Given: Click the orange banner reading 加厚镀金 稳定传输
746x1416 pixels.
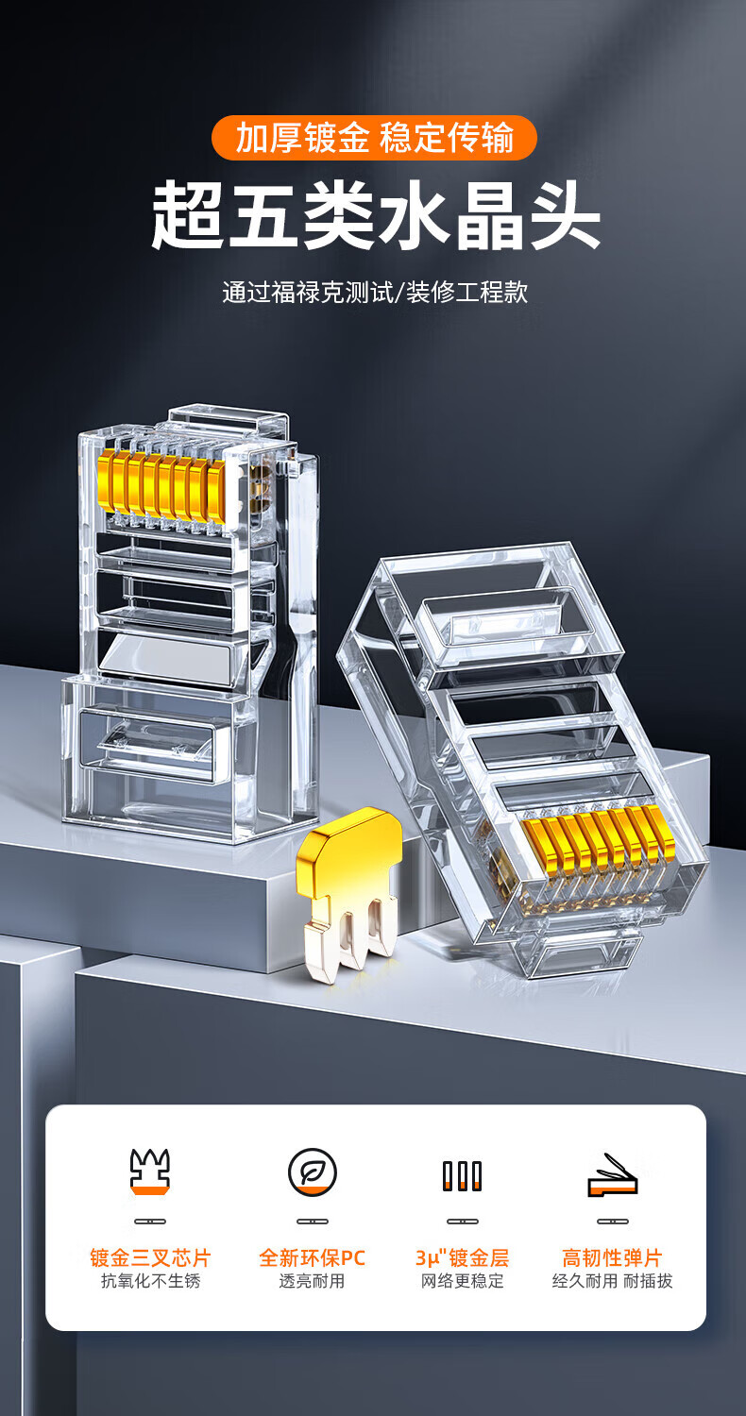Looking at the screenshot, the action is pyautogui.click(x=374, y=137).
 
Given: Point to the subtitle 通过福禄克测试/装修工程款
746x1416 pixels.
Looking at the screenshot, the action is pyautogui.click(x=375, y=292).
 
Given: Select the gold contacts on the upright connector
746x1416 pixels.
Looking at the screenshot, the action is pyautogui.click(x=161, y=487).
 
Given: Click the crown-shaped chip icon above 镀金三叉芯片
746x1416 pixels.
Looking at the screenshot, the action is pyautogui.click(x=150, y=1172).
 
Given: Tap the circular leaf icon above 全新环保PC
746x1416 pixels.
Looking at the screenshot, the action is pyautogui.click(x=313, y=1172).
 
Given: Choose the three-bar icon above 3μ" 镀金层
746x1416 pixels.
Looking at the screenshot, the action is pyautogui.click(x=462, y=1176).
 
